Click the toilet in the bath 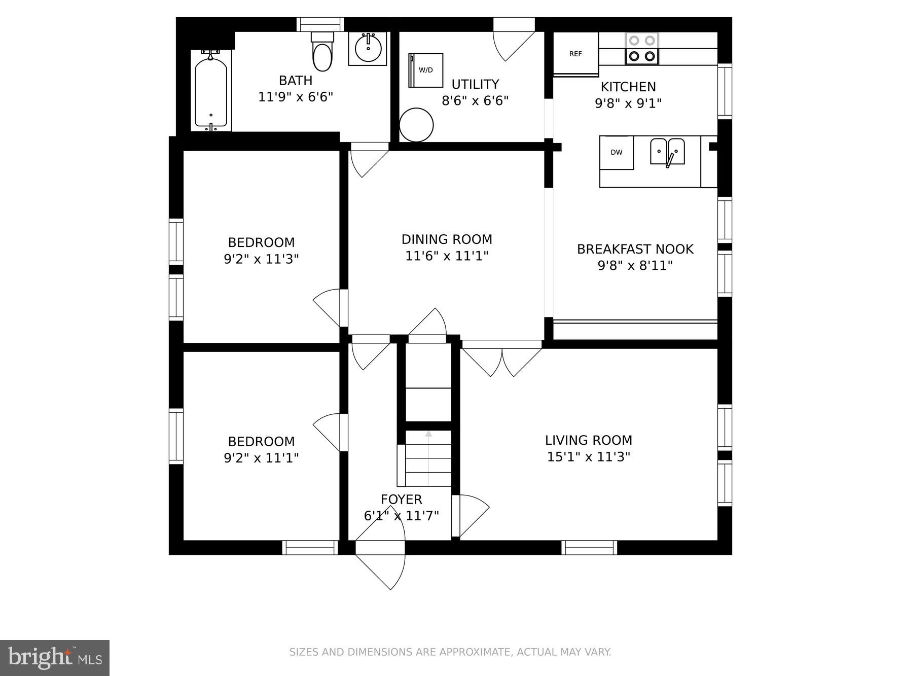coord(322,52)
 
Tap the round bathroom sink coord(368,49)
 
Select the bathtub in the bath coord(211,91)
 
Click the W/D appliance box coord(426,70)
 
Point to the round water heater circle coord(416,125)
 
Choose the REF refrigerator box coord(575,54)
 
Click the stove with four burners coord(642,49)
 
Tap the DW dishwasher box coord(617,152)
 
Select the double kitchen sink coord(667,152)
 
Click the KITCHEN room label coord(628,87)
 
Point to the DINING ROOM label coord(447,239)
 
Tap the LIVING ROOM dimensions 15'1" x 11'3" coord(588,457)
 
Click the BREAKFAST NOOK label coord(635,249)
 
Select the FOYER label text coord(401,500)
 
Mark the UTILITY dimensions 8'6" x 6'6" coord(475,101)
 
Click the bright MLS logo coord(55,658)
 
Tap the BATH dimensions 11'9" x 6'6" coord(296,97)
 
